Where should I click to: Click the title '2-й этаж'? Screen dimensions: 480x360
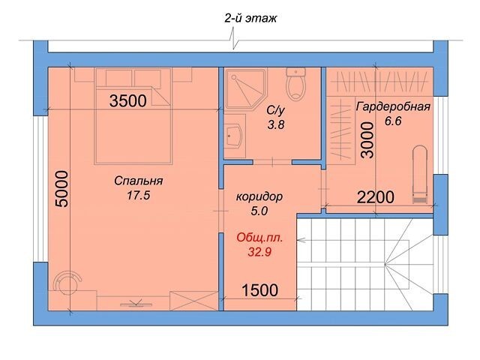[x=250, y=18]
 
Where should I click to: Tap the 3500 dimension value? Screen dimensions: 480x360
[x=128, y=101]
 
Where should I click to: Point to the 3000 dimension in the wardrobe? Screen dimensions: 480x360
[x=367, y=140]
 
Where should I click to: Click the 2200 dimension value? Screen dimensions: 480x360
[x=376, y=197]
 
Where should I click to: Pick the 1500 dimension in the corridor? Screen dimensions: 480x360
[x=260, y=290]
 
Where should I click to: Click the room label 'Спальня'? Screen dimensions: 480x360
[x=138, y=181]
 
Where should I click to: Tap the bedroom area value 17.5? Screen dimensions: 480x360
[x=138, y=195]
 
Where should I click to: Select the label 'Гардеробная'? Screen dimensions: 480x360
[x=393, y=106]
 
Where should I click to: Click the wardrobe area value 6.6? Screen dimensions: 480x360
[x=393, y=121]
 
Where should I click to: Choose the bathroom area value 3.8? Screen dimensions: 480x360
[x=276, y=125]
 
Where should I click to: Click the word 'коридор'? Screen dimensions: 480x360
[x=259, y=196]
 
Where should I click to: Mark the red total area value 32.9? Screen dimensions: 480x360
[x=259, y=252]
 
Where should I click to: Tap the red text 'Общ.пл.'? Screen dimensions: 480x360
[x=259, y=238]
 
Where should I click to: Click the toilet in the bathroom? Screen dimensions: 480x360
[x=295, y=83]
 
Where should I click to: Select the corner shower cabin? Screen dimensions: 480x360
[x=245, y=88]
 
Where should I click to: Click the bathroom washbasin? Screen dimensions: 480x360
[x=235, y=136]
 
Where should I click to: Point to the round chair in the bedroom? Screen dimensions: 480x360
[x=67, y=283]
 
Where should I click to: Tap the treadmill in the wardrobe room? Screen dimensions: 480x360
[x=420, y=175]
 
